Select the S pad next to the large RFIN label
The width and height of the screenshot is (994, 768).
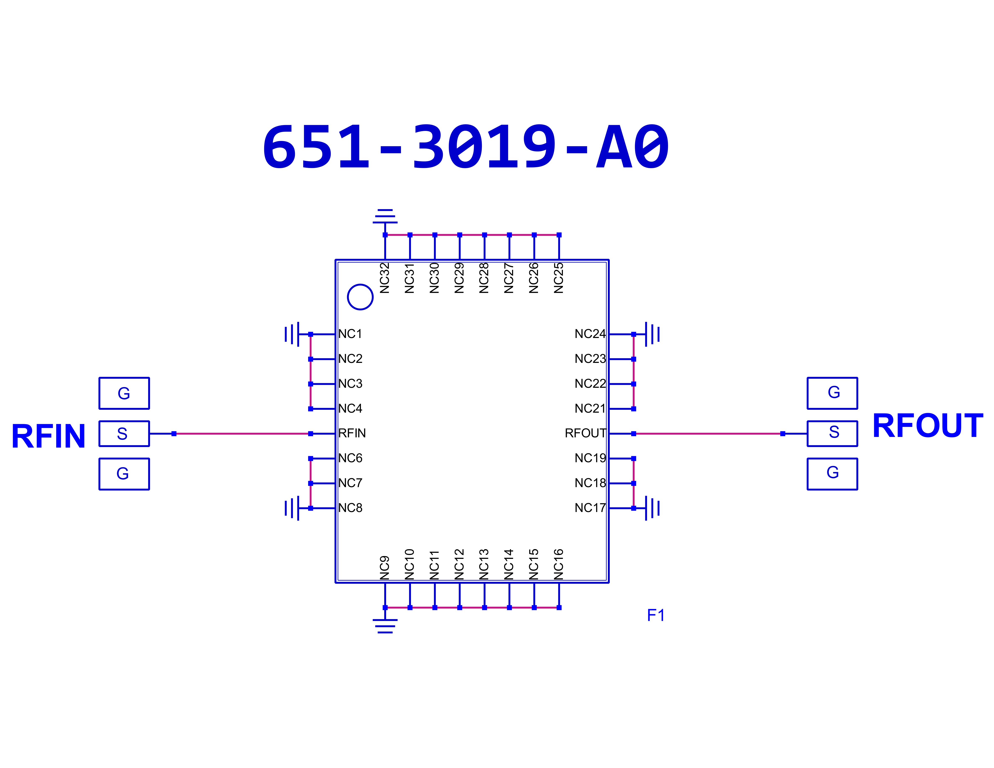pos(124,434)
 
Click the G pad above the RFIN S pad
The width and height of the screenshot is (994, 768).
pos(124,393)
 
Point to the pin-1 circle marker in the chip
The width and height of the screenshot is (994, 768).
pos(360,297)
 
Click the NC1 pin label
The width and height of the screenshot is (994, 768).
pos(350,334)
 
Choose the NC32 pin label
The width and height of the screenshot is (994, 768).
pos(385,278)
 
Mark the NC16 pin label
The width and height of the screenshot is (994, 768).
pos(558,564)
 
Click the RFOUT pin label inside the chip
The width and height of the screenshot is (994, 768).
pos(585,433)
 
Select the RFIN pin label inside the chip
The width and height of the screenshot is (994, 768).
pos(352,433)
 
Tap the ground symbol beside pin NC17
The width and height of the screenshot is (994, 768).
pos(652,508)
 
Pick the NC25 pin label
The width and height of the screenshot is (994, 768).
pos(558,278)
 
